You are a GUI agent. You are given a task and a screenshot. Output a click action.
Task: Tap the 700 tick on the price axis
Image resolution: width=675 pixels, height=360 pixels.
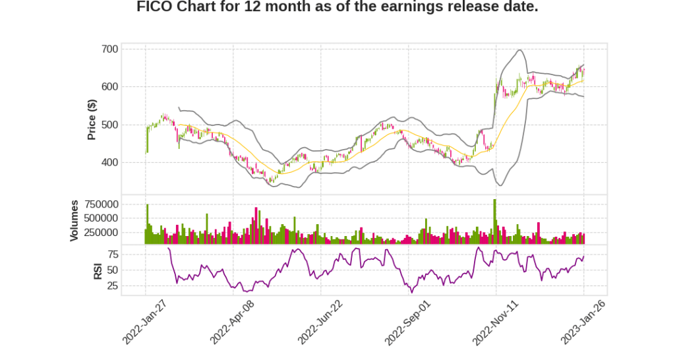coord(110,49)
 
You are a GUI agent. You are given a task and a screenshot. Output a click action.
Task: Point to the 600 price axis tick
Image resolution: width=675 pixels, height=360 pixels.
coord(110,87)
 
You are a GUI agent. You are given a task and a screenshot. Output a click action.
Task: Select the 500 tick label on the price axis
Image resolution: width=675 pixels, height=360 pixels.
coord(110,125)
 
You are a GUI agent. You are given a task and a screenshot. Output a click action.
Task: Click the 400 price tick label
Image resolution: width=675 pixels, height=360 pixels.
coord(110,163)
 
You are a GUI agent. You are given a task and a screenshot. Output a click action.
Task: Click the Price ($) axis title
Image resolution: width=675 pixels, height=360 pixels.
coord(92,119)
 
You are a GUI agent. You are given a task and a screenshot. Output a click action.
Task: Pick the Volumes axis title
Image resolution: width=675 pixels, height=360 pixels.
coord(75,220)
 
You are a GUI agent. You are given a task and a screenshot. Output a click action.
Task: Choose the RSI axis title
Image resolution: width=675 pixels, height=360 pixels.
coord(98,270)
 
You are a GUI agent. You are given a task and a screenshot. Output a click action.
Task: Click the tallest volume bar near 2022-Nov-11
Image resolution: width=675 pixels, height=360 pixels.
coord(494,222)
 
